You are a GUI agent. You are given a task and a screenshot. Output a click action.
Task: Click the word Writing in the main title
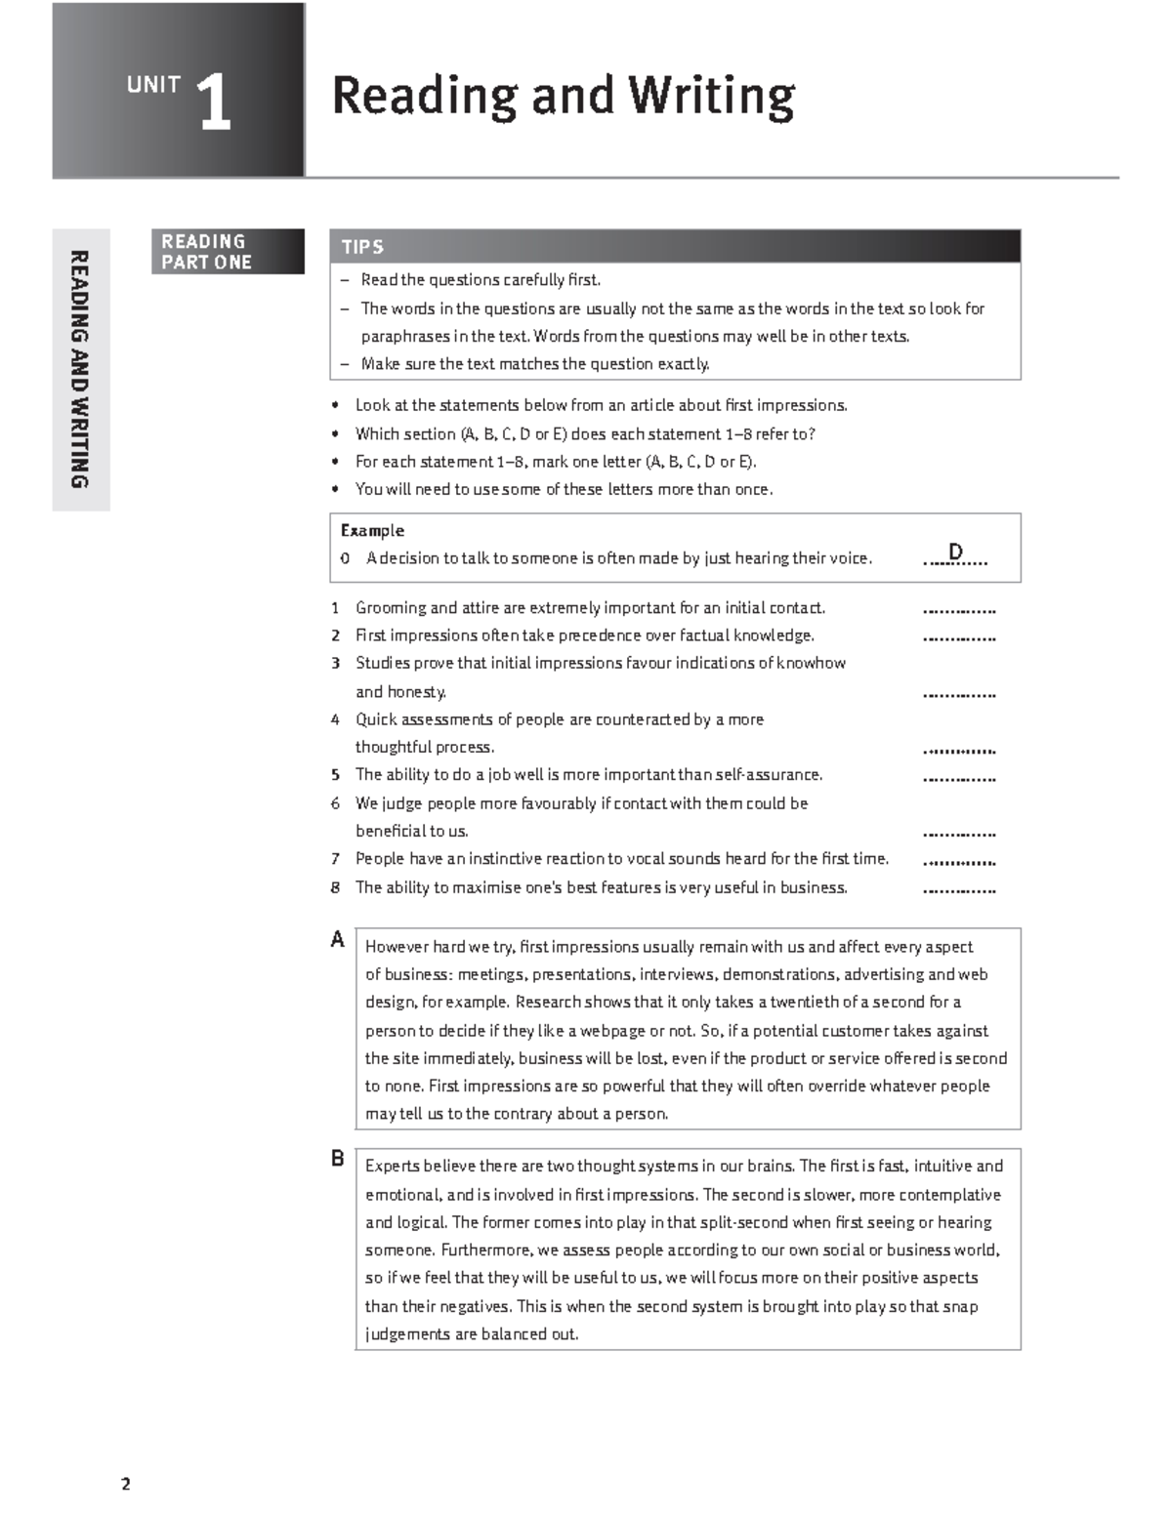pos(711,97)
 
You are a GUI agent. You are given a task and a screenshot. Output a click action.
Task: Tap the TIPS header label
pos(362,247)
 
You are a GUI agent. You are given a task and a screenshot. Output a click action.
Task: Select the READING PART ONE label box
pos(227,252)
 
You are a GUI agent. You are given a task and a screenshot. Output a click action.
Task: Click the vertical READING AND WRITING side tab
pos(80,369)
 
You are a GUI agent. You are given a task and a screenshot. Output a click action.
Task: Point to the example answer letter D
pos(955,553)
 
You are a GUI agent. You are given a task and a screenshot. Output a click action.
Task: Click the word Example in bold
pos(372,530)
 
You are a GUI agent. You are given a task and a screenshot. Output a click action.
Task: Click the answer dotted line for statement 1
pos(958,611)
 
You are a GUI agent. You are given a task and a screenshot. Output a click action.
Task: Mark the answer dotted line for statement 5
pos(958,779)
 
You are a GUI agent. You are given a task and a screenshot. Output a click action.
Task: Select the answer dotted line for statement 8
pos(958,891)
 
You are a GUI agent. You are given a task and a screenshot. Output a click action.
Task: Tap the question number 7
pos(335,859)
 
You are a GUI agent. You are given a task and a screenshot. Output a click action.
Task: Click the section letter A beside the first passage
pos(338,940)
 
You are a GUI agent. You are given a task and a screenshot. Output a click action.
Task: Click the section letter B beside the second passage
pos(338,1159)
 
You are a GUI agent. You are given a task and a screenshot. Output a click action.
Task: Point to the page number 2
pos(125,1485)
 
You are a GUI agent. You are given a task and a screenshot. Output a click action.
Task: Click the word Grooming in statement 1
pos(390,608)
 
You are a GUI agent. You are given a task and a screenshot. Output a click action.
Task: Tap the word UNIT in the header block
pos(153,85)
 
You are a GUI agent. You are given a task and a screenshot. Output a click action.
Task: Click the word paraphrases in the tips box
pos(405,337)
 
